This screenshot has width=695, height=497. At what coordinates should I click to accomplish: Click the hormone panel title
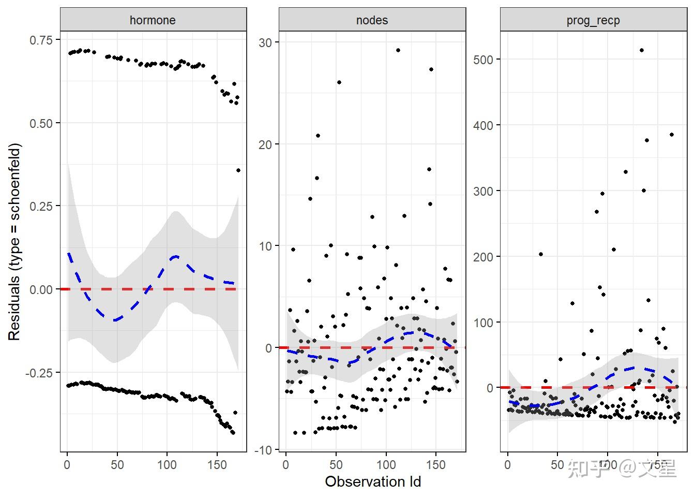pyautogui.click(x=153, y=20)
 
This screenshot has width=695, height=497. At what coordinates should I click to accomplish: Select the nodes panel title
pyautogui.click(x=372, y=20)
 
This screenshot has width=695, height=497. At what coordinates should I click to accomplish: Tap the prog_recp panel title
pyautogui.click(x=593, y=20)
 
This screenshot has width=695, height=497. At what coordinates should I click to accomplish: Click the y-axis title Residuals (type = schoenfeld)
pyautogui.click(x=14, y=242)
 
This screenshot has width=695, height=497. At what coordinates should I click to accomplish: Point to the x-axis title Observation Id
pyautogui.click(x=373, y=482)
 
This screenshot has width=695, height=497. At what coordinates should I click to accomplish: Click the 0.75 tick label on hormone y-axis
pyautogui.click(x=41, y=40)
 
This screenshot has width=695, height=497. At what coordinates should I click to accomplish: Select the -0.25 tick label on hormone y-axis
pyautogui.click(x=39, y=373)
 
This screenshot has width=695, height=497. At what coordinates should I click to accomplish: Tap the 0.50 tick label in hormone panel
pyautogui.click(x=41, y=123)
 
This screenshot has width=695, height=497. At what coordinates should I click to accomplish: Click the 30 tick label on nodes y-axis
pyautogui.click(x=265, y=42)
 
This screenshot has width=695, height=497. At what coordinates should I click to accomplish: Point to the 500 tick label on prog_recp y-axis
pyautogui.click(x=483, y=60)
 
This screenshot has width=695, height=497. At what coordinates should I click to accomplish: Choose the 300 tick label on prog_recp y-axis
pyautogui.click(x=483, y=191)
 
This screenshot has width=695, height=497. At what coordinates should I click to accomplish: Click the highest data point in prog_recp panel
pyautogui.click(x=641, y=50)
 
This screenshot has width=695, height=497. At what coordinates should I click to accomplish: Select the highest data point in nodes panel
pyautogui.click(x=398, y=50)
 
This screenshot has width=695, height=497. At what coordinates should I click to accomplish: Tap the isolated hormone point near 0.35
pyautogui.click(x=238, y=170)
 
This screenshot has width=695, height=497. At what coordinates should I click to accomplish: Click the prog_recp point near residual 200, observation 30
pyautogui.click(x=540, y=254)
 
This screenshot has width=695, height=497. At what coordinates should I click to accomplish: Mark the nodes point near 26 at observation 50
pyautogui.click(x=339, y=82)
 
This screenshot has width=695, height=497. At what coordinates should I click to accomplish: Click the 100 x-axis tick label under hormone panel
pyautogui.click(x=167, y=465)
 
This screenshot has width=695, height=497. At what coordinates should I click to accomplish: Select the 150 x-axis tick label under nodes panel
pyautogui.click(x=435, y=465)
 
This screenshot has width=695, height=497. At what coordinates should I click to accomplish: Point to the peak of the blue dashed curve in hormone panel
pyautogui.click(x=175, y=256)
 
